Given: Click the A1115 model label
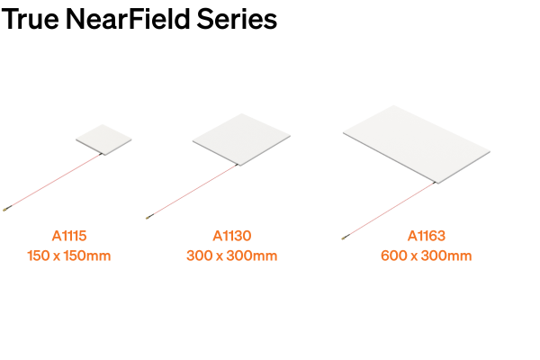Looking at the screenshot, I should point(69,236).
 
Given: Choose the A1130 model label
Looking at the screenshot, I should point(232,236).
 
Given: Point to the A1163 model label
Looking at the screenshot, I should point(427,236).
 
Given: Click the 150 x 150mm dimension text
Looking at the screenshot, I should point(69,256).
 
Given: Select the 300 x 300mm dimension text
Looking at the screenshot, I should point(232,256).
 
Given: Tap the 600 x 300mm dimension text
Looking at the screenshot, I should point(427,256).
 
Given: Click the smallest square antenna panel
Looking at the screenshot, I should point(103,138).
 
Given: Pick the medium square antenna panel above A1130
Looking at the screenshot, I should point(243,139).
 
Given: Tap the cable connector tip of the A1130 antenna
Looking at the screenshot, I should point(148,216).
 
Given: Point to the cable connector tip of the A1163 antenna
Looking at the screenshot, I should point(344,238).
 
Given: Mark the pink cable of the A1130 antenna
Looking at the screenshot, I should point(193,190).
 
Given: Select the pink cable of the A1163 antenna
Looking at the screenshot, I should point(390,211).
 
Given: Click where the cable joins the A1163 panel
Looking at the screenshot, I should point(436,184).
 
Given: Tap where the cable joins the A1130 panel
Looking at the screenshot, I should point(238,165).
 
